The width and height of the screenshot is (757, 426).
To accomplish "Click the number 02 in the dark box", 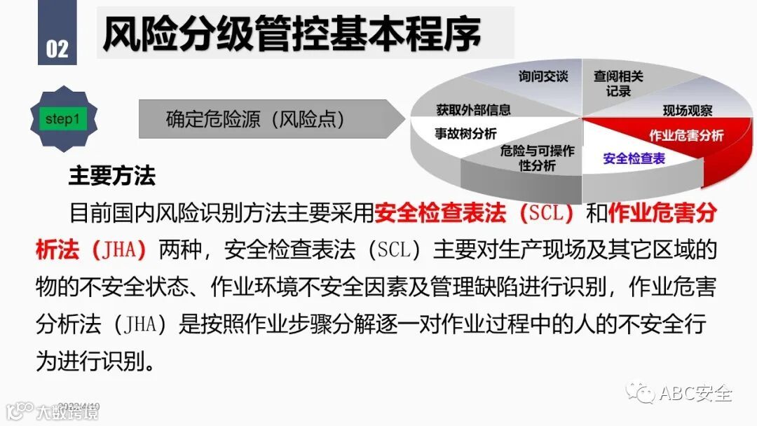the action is (57, 48).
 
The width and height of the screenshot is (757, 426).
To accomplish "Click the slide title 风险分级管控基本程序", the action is (292, 32).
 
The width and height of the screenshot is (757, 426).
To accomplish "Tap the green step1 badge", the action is (62, 119).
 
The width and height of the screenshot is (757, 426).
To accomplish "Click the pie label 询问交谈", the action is (543, 76).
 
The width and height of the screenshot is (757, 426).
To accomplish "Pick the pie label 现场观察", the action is (687, 111).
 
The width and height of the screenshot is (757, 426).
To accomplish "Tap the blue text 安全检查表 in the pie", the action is (634, 158).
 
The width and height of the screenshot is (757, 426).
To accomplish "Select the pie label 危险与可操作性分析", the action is (537, 158).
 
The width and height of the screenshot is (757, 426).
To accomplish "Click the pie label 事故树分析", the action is (465, 134).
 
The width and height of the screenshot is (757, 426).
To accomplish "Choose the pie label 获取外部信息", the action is (473, 109).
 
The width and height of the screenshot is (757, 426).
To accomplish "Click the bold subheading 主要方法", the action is (112, 176).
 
